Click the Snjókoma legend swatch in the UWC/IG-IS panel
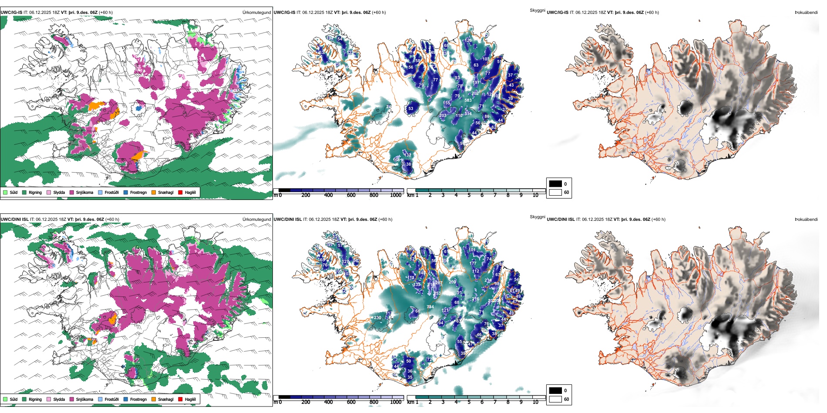72,192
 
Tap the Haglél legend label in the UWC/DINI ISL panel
190,399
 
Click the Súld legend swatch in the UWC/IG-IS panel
5,192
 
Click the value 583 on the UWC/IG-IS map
468,100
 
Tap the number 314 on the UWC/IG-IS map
468,113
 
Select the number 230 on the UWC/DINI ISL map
377,318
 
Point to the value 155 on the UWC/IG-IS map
447,103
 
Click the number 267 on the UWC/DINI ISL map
439,283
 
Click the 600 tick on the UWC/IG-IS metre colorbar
351,195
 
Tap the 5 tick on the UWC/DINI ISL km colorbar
469,402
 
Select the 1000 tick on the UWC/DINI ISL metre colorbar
396,402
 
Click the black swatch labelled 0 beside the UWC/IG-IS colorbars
555,184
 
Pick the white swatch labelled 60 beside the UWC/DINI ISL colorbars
555,399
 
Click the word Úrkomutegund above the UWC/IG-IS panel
256,12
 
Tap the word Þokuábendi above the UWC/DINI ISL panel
806,219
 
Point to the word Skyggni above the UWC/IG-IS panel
537,10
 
